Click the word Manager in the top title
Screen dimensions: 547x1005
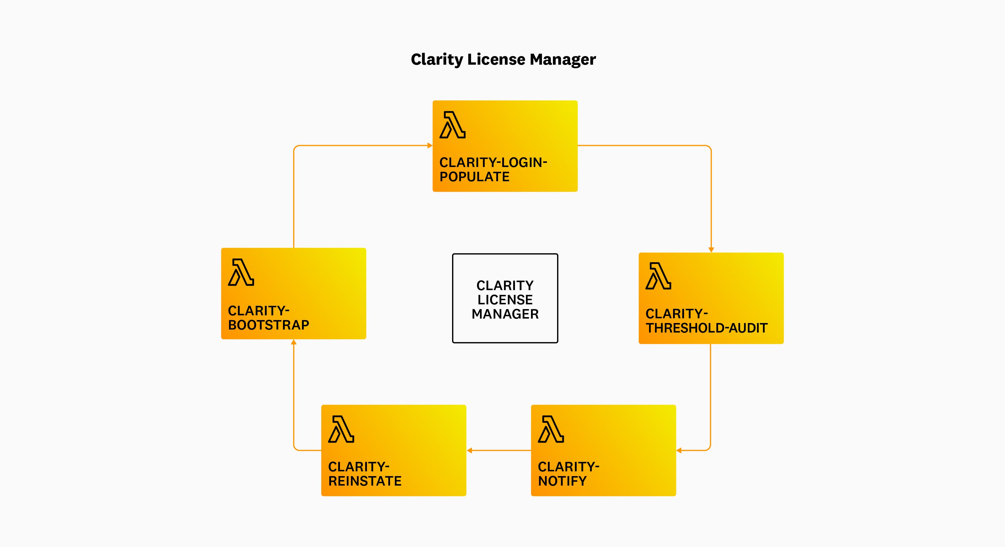[x=563, y=60]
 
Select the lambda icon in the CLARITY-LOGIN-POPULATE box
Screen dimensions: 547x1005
[x=453, y=125]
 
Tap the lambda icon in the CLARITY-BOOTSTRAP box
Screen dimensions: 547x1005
[x=241, y=272]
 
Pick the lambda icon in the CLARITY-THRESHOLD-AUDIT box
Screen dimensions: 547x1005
[x=659, y=276]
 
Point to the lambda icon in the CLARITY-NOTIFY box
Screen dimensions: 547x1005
[x=551, y=429]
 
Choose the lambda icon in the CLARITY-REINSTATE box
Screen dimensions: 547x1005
[x=341, y=429]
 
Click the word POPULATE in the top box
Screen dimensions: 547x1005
[x=474, y=177]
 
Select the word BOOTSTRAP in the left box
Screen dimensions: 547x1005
[x=268, y=325]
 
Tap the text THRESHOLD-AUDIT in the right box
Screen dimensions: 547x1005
[x=707, y=328]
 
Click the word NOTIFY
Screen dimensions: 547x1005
[x=562, y=481]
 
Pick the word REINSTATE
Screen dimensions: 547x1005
[x=365, y=481]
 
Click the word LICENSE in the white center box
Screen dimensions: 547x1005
[x=505, y=300]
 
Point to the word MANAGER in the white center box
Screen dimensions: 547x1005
[x=505, y=314]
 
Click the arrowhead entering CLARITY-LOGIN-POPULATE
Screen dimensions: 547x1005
[x=430, y=146]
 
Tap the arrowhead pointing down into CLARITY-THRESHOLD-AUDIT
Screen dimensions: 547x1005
[x=711, y=250]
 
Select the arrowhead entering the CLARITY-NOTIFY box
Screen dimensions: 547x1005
[x=679, y=451]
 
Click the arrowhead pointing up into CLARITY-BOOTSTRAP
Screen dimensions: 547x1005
[x=294, y=342]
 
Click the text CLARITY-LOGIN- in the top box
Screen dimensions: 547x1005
[x=493, y=162]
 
